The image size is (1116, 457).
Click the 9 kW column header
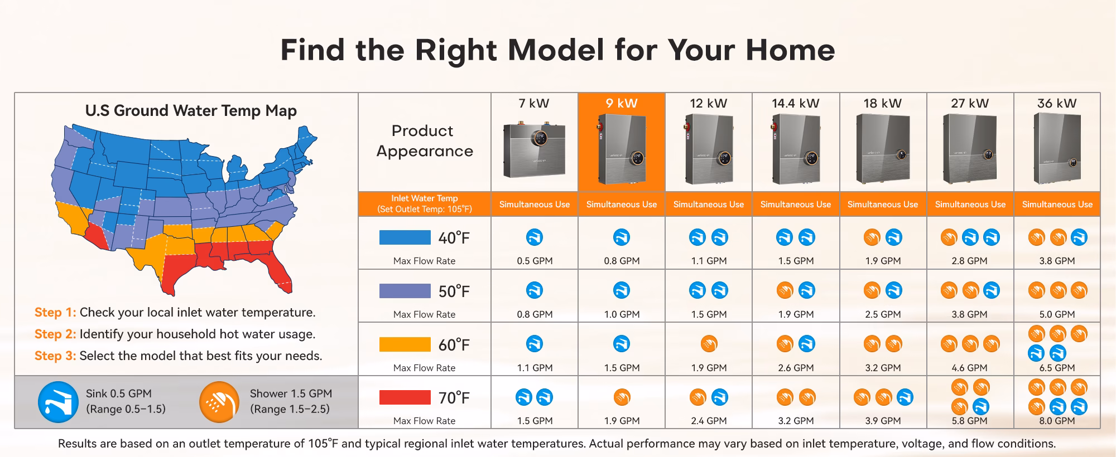(622, 103)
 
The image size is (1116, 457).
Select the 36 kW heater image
(1057, 148)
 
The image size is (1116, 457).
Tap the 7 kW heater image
(534, 150)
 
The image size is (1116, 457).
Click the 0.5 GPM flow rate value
(535, 261)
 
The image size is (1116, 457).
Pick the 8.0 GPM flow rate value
(1057, 421)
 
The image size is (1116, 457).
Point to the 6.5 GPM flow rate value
(1057, 368)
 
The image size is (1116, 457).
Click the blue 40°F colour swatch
(405, 237)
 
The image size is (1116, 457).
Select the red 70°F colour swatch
(405, 397)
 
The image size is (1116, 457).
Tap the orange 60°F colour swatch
(405, 344)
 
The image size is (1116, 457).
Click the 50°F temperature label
(454, 291)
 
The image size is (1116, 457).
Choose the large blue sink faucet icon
(58, 402)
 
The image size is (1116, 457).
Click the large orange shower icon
(219, 402)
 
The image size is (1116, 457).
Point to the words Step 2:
(55, 334)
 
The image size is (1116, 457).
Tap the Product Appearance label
(424, 141)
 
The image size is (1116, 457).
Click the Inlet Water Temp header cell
(425, 204)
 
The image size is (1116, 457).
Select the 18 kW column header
(883, 103)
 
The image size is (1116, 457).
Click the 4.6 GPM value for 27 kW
(970, 368)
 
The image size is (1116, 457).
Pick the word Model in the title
(556, 50)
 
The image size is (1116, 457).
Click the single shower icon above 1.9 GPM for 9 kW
(622, 397)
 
